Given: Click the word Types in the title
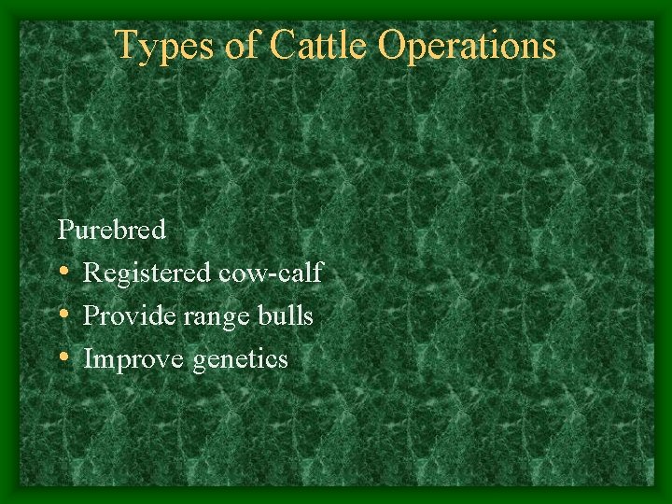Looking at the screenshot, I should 163,47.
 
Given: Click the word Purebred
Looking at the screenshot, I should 112,229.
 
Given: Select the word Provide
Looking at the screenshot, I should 122,316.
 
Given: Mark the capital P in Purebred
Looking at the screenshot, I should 64,228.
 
